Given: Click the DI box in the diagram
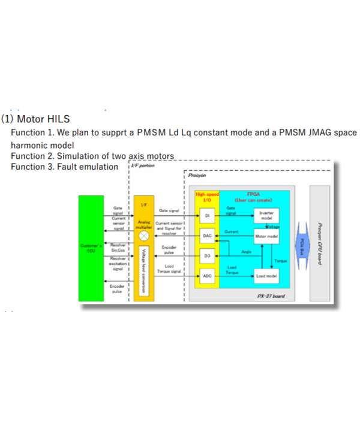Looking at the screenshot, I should pyautogui.click(x=207, y=215).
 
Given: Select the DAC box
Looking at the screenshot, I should pyautogui.click(x=207, y=237).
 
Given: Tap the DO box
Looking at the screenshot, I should pyautogui.click(x=207, y=256).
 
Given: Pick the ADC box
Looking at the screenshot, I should pyautogui.click(x=207, y=276).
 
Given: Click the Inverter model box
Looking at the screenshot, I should pyautogui.click(x=266, y=216).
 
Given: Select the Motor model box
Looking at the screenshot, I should pyautogui.click(x=266, y=237).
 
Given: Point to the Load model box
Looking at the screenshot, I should pyautogui.click(x=266, y=276).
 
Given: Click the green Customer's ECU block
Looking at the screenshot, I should pyautogui.click(x=91, y=249).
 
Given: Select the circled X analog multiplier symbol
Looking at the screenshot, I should pyautogui.click(x=143, y=236).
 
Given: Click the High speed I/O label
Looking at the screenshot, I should pyautogui.click(x=207, y=196).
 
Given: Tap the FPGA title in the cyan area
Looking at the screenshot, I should pyautogui.click(x=254, y=194).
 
